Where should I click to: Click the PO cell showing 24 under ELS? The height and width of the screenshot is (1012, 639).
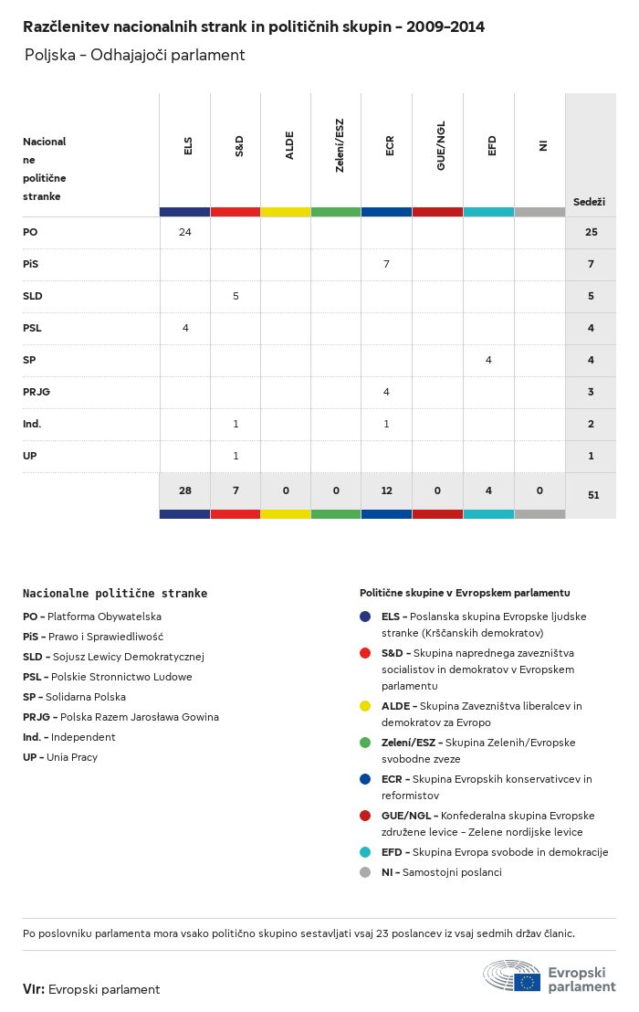coord(185,232)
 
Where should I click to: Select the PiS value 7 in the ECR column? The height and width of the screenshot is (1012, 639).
coord(387,264)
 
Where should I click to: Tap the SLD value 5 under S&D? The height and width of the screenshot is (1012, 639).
coord(236,296)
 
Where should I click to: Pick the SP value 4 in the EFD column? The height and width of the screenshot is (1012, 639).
coord(488,360)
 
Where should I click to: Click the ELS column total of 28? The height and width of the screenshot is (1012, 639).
coord(185,490)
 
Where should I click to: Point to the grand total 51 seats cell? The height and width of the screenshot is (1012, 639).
coord(591,495)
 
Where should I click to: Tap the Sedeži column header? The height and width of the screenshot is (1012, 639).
coord(590,201)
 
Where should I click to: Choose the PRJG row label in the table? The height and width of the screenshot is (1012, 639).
coord(37,392)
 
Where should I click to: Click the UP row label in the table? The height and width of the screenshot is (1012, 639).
coord(30,456)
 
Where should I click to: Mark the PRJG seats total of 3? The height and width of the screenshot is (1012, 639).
coord(591,392)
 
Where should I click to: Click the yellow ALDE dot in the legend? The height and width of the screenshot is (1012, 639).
coord(365,706)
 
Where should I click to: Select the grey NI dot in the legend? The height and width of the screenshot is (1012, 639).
coord(365,872)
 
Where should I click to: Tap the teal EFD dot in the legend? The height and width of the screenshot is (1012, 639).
coord(365,852)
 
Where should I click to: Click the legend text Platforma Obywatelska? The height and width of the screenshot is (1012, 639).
coord(104,617)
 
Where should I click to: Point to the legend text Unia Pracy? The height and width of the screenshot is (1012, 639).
coord(72,757)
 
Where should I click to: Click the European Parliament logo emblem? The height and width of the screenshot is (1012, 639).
coord(512,975)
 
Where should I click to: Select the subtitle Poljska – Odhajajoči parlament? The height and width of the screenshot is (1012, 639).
coord(135,55)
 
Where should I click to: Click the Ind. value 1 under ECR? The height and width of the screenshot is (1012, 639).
coord(387,424)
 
